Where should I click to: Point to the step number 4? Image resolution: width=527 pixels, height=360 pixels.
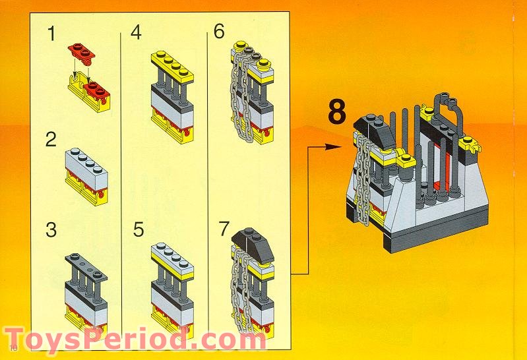point(136,33)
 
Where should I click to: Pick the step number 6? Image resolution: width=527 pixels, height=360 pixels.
point(220,32)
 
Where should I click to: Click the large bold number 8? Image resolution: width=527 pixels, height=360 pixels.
point(336,112)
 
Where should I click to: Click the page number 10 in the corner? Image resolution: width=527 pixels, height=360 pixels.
point(13,348)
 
